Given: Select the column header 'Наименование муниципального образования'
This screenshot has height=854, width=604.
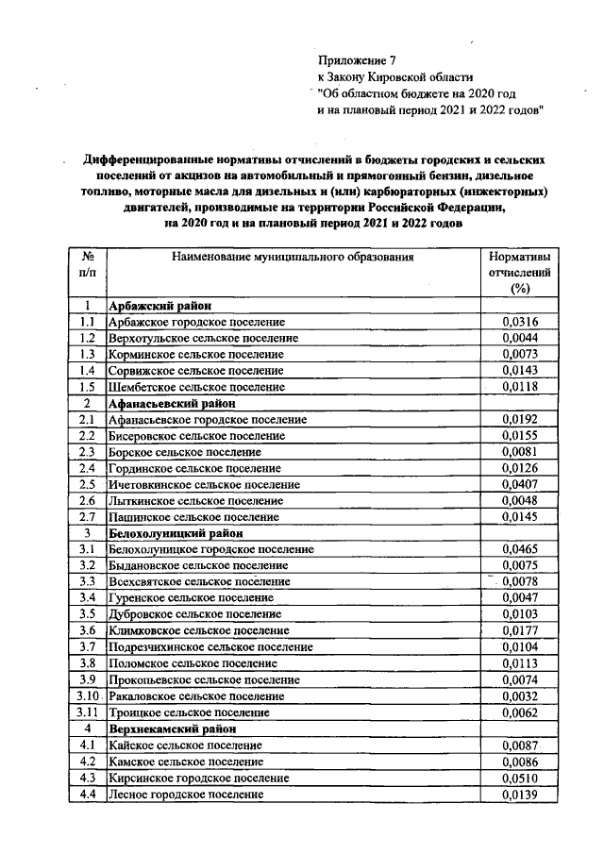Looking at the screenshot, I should click(x=294, y=256).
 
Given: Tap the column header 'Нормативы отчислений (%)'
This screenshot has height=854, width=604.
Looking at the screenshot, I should click(x=518, y=272).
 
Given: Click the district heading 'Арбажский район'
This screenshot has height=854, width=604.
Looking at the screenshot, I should click(x=159, y=306).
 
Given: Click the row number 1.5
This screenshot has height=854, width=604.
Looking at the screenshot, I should click(x=87, y=387).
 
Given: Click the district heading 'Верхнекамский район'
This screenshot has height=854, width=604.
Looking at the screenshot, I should click(x=171, y=729).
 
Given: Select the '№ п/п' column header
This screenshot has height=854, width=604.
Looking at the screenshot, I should click(x=87, y=264).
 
